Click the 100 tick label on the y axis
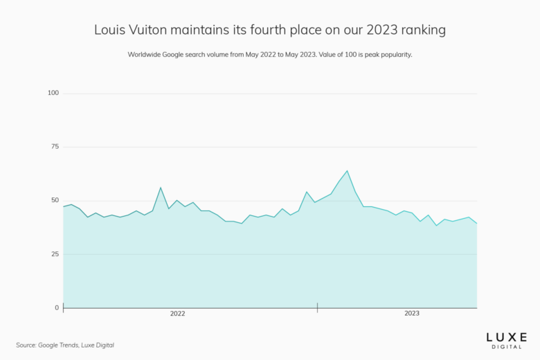tap(53, 93)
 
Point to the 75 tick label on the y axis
tap(55, 147)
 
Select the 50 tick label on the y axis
tap(55, 200)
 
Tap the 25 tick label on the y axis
tap(55, 254)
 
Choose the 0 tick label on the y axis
tap(57, 307)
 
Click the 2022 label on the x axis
tap(178, 314)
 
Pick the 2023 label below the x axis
tap(412, 314)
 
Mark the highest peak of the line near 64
tap(347, 171)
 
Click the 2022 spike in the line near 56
tap(161, 188)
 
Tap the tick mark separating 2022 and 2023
tap(317, 307)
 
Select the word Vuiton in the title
tap(150, 30)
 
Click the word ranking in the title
tap(422, 30)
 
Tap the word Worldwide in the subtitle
tap(146, 55)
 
